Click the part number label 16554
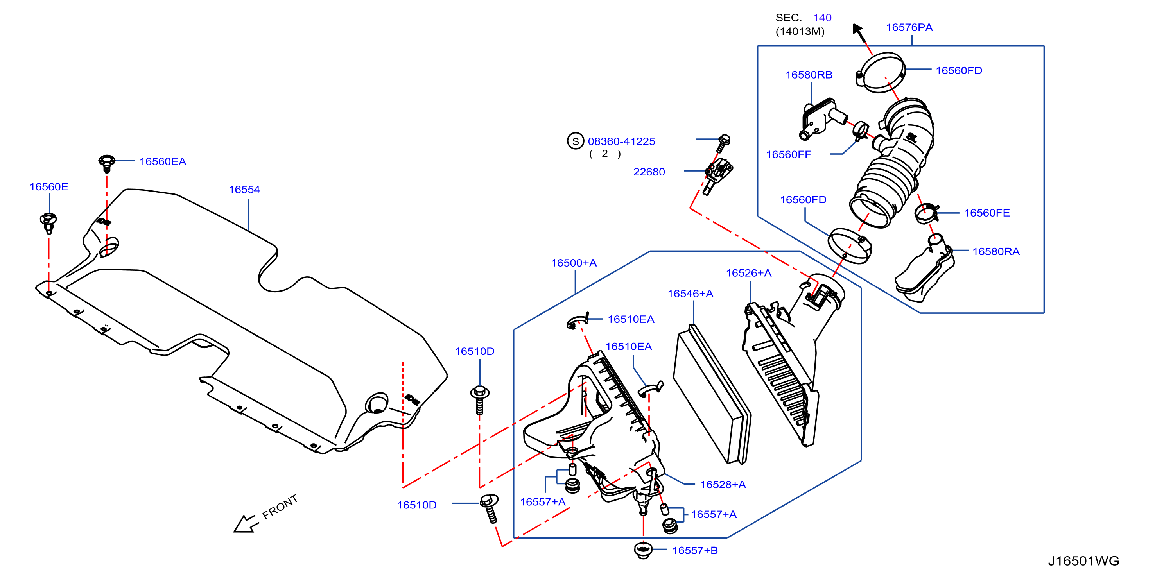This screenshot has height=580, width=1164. click(x=244, y=189)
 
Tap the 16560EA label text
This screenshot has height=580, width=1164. click(x=163, y=161)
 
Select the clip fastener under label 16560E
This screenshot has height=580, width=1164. click(x=48, y=223)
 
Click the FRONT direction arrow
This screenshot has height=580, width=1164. click(x=246, y=524)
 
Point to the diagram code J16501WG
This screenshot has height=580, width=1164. click(x=1083, y=560)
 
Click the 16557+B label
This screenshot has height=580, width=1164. click(x=695, y=550)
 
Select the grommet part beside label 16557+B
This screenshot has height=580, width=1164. click(x=643, y=551)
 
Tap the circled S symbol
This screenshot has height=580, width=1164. click(x=575, y=141)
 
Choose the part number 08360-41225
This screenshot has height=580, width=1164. click(x=621, y=141)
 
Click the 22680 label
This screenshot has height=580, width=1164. click(x=649, y=172)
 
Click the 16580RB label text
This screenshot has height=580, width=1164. click(x=809, y=75)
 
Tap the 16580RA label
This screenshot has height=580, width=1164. click(x=996, y=251)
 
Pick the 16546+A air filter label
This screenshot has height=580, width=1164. click(x=691, y=294)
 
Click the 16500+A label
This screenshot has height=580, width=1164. click(x=574, y=263)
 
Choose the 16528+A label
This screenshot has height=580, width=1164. click(x=723, y=484)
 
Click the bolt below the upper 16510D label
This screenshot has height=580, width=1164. click(x=479, y=400)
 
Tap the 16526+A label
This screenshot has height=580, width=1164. click(x=749, y=273)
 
